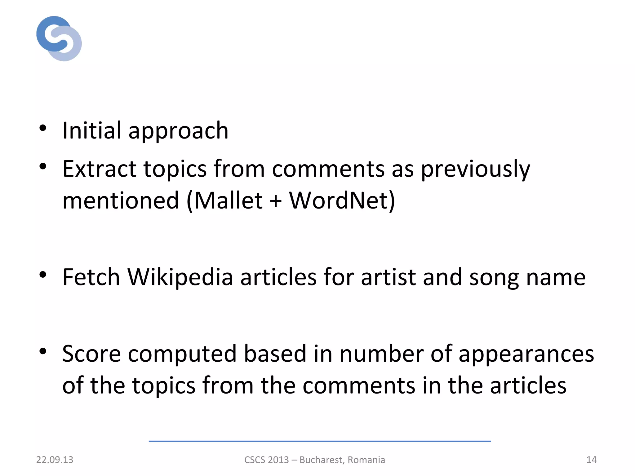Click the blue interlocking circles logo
(59, 38)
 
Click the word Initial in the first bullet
(92, 130)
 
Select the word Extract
(99, 169)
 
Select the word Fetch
(91, 277)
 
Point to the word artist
(388, 277)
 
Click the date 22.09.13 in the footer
(55, 460)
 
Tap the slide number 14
(591, 460)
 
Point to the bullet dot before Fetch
(43, 274)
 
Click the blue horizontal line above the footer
(319, 441)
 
